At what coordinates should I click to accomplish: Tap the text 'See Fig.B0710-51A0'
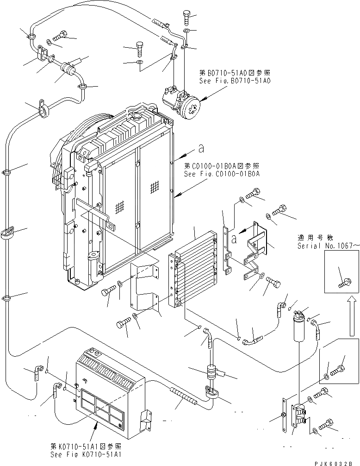pyautogui.click(x=235, y=80)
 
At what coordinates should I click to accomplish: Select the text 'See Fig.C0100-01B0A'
pyautogui.click(x=222, y=174)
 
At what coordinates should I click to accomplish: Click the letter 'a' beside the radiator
pyautogui.click(x=200, y=149)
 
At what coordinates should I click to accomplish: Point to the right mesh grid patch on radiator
pyautogui.click(x=155, y=187)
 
